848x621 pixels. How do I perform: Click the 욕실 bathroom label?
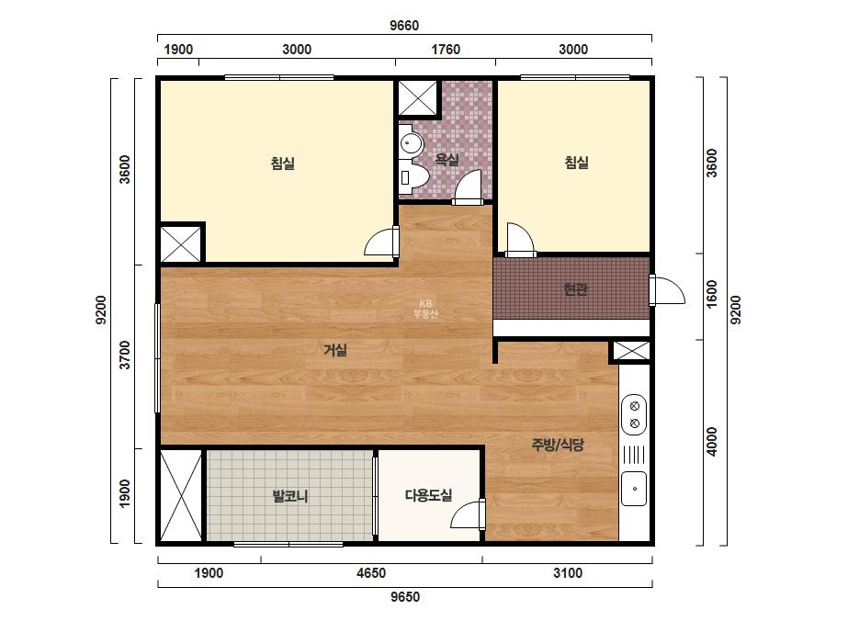coord(447,160)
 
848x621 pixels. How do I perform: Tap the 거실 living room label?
coord(334,350)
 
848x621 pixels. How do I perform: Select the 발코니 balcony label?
coord(290,495)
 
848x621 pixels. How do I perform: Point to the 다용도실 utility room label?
coord(428,495)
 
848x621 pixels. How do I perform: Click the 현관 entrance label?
coord(575,289)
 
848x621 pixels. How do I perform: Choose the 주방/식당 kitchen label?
coord(558,445)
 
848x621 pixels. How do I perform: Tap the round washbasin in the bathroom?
coord(411,143)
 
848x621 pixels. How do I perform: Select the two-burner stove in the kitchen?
coord(634,414)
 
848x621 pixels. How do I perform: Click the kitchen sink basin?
coord(634,489)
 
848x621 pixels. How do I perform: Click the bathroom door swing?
coord(468,187)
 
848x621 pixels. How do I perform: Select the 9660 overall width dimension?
coord(404,26)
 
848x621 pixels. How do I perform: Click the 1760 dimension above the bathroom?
coord(446,50)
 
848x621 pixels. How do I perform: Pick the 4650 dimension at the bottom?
coord(371,573)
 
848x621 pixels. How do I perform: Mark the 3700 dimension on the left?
coord(125,355)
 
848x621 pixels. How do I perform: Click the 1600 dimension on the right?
coord(712,294)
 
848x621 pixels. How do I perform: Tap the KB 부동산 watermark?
coord(425,309)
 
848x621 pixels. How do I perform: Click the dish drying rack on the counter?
coord(634,455)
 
